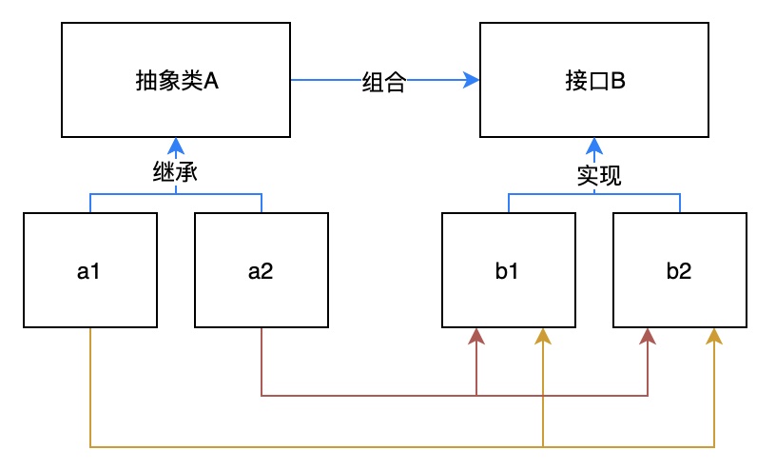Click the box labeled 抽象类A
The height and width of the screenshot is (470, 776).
176,82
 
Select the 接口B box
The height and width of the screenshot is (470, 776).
594,82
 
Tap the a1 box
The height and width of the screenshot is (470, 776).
89,271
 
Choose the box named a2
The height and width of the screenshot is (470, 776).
261,271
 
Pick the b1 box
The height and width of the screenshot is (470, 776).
508,271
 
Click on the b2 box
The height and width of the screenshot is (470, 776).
679,271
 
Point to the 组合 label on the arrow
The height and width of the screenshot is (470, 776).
384,83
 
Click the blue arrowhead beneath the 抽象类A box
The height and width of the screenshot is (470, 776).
176,146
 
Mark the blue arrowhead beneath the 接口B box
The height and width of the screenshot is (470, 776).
594,146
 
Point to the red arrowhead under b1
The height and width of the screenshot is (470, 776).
475,336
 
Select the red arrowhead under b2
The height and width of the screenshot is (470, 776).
648,336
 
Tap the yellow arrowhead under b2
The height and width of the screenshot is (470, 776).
714,336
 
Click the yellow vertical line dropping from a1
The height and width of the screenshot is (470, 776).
89,390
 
